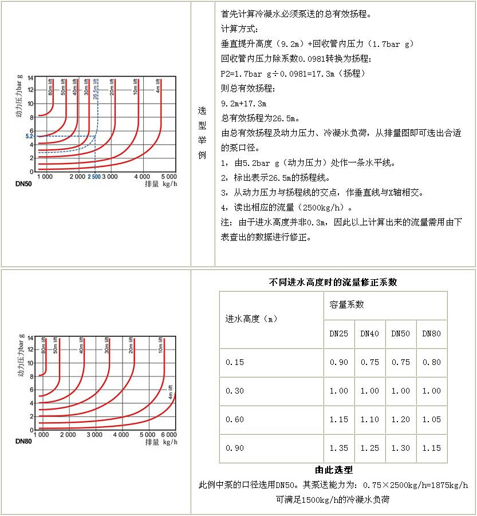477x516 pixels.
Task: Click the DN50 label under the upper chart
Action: [24, 185]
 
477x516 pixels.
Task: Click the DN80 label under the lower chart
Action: [24, 442]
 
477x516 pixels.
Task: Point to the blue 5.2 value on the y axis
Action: [30, 136]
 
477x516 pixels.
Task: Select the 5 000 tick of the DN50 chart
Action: [168, 177]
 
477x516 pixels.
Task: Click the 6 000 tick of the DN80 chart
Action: [168, 435]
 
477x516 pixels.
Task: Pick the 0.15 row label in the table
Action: [235, 362]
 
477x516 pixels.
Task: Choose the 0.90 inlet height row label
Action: [235, 448]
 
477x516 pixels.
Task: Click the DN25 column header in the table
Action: [338, 334]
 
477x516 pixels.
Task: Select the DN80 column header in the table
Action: [431, 334]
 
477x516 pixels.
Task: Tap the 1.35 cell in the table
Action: [338, 448]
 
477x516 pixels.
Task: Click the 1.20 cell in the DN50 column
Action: [400, 419]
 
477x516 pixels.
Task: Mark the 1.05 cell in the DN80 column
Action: [431, 419]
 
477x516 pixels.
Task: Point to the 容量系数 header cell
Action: [346, 305]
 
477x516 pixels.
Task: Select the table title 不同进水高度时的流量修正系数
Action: [333, 282]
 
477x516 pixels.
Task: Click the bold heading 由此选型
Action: [333, 470]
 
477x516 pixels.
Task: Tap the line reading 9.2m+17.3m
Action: [243, 104]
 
